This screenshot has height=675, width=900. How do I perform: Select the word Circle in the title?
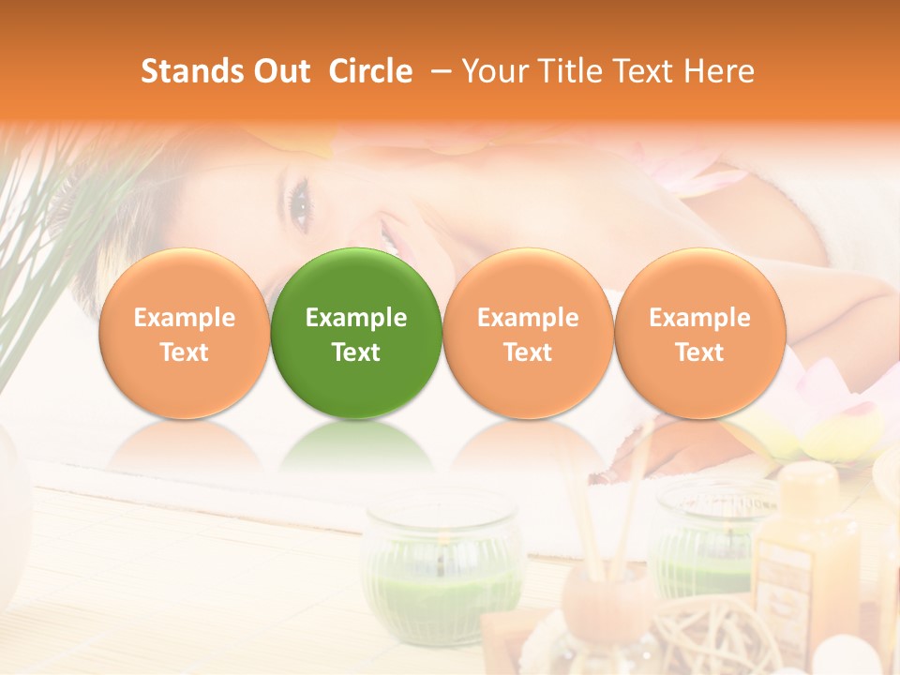click(x=370, y=71)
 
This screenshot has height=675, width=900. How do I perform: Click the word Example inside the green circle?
click(x=356, y=318)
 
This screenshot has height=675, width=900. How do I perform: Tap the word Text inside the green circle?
click(x=356, y=352)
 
